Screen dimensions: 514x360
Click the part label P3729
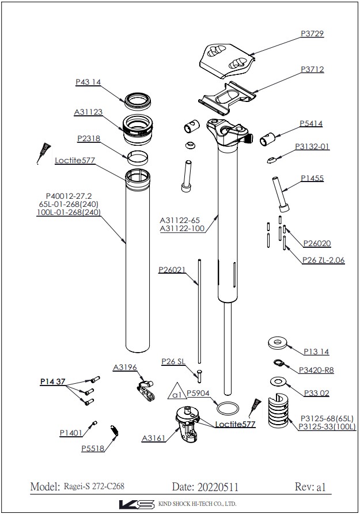click(312, 34)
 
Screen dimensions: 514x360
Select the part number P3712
click(312, 69)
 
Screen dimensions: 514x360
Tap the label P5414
click(310, 123)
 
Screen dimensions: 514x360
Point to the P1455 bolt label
click(311, 179)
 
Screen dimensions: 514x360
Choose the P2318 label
click(89, 139)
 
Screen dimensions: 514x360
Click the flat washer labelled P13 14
click(278, 343)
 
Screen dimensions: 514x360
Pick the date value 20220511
click(213, 487)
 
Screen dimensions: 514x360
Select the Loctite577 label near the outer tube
click(75, 160)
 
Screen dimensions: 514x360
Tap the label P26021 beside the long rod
click(172, 270)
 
